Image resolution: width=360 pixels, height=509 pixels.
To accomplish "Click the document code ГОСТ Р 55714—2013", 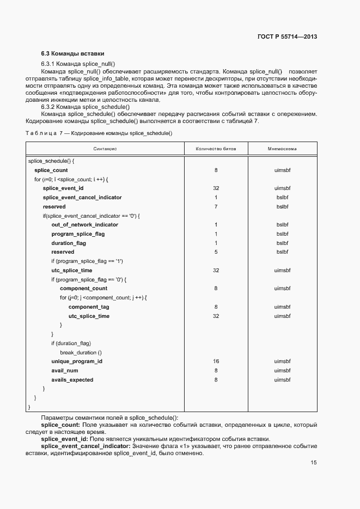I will tap(287, 37).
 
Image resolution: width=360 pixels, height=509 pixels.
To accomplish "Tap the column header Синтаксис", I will tap(105, 149).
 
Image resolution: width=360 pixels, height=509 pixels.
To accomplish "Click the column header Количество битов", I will tap(216, 149).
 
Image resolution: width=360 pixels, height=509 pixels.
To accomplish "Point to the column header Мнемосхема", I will tap(282, 149).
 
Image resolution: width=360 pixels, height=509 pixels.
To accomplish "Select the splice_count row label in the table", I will tap(51, 170).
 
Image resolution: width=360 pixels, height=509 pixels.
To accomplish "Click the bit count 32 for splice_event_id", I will tap(216, 188).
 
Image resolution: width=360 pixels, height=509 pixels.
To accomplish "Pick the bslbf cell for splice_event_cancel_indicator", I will tap(282, 197).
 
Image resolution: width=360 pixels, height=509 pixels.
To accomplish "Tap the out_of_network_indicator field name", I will tap(84, 224).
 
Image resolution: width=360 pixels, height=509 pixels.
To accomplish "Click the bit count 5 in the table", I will tap(216, 252).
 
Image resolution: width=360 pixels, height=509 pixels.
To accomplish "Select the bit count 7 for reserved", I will tap(216, 206).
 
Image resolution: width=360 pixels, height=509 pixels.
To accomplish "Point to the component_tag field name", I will tap(88, 307).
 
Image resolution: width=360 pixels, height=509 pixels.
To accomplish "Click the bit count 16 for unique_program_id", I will tap(216, 361).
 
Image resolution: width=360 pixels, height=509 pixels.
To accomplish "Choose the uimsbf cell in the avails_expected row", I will tap(282, 380).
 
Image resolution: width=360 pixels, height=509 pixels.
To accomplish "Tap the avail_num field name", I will tap(65, 371).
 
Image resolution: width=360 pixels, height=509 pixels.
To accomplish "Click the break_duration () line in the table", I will tap(84, 352).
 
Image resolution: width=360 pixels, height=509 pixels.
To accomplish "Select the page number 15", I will tap(313, 463).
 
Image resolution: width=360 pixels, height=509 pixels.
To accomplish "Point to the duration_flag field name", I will tap(69, 243).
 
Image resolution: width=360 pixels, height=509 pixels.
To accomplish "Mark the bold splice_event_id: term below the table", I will tap(65, 439).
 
